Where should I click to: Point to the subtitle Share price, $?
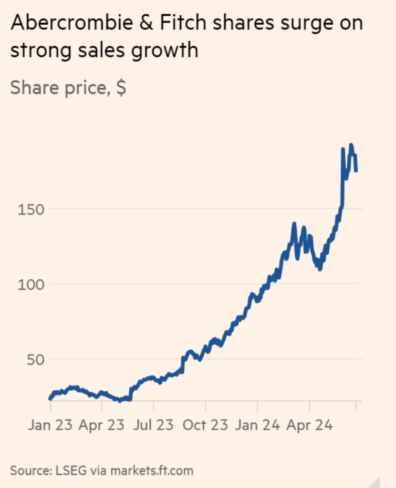pyautogui.click(x=68, y=88)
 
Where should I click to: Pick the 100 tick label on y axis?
pyautogui.click(x=31, y=284)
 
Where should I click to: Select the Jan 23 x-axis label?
pyautogui.click(x=50, y=426)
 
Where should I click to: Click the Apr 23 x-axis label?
pyautogui.click(x=102, y=426)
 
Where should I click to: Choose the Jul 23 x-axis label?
pyautogui.click(x=154, y=426)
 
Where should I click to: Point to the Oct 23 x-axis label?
pyautogui.click(x=205, y=426)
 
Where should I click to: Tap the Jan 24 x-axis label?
pyautogui.click(x=257, y=426)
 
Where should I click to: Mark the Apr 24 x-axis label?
pyautogui.click(x=309, y=426)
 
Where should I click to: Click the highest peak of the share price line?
pyautogui.click(x=351, y=145)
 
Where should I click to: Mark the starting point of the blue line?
pyautogui.click(x=50, y=398)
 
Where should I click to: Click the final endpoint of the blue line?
pyautogui.click(x=356, y=171)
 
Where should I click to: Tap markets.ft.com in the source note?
pyautogui.click(x=152, y=471)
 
